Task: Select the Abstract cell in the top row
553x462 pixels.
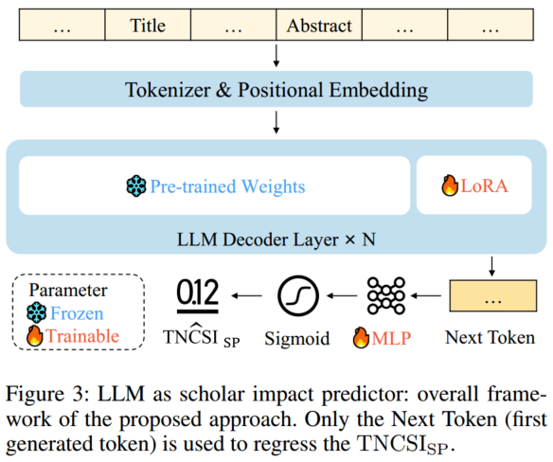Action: click(319, 27)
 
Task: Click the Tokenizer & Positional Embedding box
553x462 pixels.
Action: click(276, 92)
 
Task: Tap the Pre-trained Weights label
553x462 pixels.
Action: click(227, 187)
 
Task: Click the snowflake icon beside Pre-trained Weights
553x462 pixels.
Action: click(137, 187)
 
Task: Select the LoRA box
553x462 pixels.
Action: click(470, 187)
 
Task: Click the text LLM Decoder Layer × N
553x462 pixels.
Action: click(276, 239)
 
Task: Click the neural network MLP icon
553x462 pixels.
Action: click(386, 297)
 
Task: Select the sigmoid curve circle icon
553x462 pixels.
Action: click(298, 297)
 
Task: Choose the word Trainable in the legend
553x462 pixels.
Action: click(86, 335)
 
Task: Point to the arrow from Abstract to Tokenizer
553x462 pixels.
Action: click(276, 56)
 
